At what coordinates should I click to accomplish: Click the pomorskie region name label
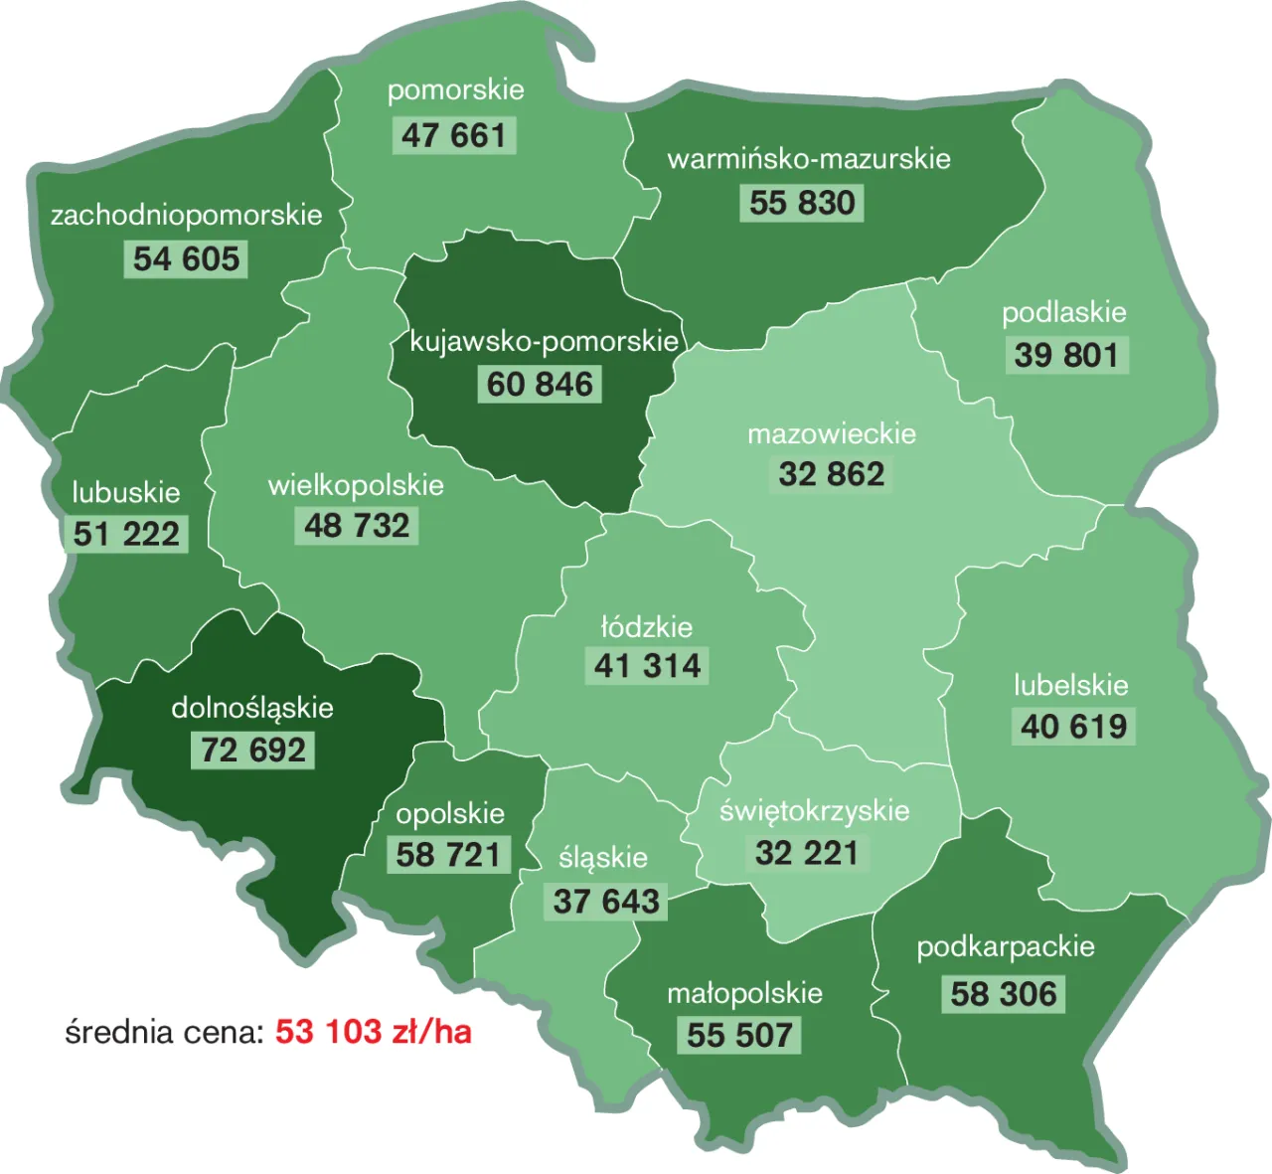point(455,90)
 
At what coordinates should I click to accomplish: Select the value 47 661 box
point(454,135)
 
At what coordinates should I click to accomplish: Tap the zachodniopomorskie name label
point(187,216)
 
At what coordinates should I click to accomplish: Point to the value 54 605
point(186,259)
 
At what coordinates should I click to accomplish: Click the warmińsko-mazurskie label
point(809,159)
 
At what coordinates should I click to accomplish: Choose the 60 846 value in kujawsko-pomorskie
point(540,385)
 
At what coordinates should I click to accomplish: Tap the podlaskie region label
point(1063,313)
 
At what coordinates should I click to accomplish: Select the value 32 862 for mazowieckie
point(832,474)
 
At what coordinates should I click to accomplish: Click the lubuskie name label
point(126,493)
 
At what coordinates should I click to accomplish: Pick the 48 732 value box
point(357,526)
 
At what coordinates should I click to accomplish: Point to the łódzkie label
point(647,627)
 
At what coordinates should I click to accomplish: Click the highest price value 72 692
point(253,750)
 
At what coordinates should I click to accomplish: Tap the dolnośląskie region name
point(252,708)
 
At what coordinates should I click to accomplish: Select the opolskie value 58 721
point(448,855)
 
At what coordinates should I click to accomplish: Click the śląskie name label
point(603,858)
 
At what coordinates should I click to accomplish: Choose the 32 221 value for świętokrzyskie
point(807,853)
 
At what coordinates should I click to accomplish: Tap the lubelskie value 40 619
point(1073,727)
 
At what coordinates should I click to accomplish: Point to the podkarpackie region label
point(1006,947)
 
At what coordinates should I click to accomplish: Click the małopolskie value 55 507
point(740,1035)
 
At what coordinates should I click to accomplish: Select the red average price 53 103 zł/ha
point(373,1032)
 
